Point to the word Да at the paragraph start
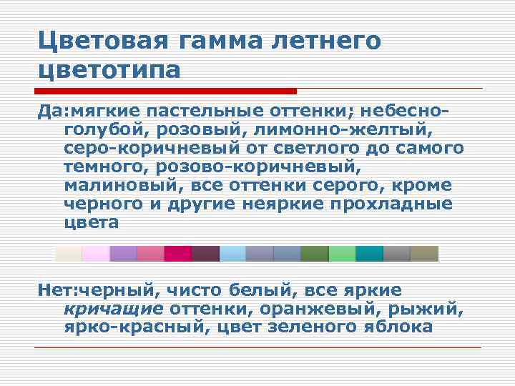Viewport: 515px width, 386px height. point(50,112)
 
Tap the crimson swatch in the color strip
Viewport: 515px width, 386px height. point(177,254)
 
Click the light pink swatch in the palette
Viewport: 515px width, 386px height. point(96,254)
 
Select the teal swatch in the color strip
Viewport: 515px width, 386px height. point(369,254)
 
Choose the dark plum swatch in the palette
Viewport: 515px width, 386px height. point(205,254)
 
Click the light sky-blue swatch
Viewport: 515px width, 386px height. point(232,254)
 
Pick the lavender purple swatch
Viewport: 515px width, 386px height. point(123,254)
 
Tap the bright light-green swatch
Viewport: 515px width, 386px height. point(342,254)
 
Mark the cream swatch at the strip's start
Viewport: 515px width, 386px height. point(69,254)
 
